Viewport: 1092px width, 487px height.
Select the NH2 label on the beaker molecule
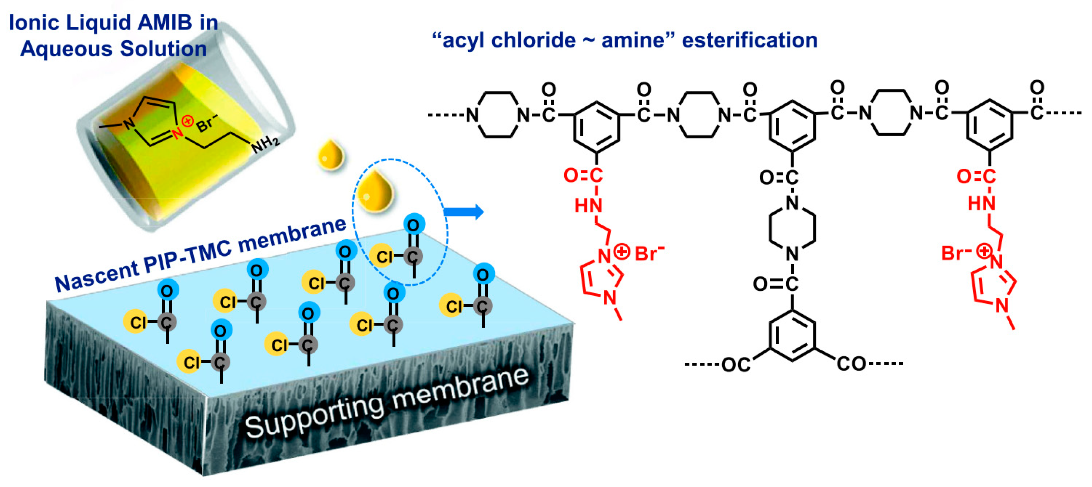click(x=265, y=145)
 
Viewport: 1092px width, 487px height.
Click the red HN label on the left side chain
click(x=588, y=206)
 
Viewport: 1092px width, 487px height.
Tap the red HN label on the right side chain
click(x=982, y=204)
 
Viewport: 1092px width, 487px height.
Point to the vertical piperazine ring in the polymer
click(x=792, y=229)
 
